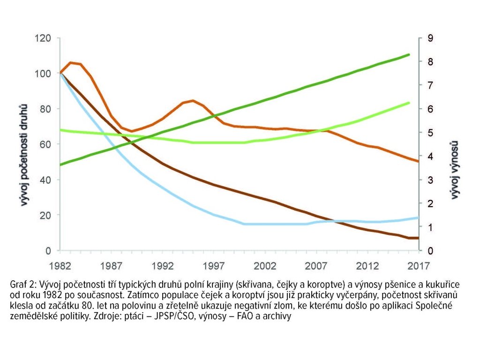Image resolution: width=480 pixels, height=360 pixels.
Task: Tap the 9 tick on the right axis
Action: (424, 38)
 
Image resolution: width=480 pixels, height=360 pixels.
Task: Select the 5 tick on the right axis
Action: (424, 133)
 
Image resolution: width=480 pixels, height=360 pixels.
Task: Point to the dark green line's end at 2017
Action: (409, 54)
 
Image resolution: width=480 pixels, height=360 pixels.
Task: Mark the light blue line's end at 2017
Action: (418, 217)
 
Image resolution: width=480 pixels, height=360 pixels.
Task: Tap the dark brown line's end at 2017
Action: (417, 238)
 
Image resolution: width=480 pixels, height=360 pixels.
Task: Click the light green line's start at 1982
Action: (61, 130)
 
